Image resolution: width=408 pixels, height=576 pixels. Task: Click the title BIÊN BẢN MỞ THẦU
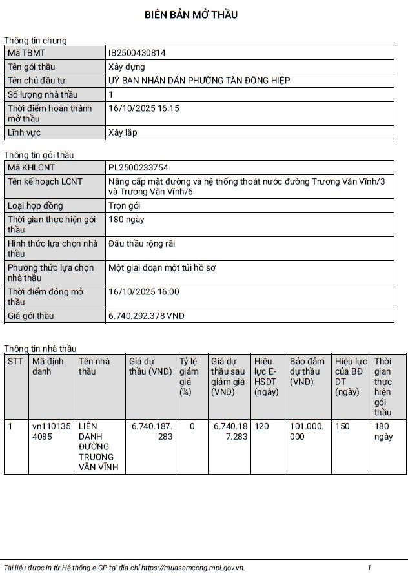click(x=190, y=15)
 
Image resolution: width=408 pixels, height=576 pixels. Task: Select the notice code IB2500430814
click(x=137, y=53)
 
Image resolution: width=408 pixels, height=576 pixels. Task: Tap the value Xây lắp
click(x=123, y=132)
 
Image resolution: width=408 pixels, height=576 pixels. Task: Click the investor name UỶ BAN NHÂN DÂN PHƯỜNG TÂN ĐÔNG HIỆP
click(x=199, y=80)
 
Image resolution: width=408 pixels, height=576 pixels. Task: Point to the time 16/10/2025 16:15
click(x=143, y=108)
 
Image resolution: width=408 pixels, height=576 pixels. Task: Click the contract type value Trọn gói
click(x=125, y=206)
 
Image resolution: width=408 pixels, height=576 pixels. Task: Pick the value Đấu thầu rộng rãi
click(x=142, y=243)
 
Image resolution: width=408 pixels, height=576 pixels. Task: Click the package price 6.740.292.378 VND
click(x=147, y=316)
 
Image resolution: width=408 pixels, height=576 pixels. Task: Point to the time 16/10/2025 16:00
click(x=143, y=292)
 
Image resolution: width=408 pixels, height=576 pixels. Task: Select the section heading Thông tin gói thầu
click(x=39, y=155)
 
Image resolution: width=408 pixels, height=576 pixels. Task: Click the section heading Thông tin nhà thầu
click(x=40, y=349)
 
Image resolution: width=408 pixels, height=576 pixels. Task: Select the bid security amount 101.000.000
click(x=305, y=431)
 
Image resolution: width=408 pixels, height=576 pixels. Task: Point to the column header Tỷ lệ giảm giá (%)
click(x=190, y=376)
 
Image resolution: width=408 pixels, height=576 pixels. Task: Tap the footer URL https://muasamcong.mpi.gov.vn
click(x=192, y=568)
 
